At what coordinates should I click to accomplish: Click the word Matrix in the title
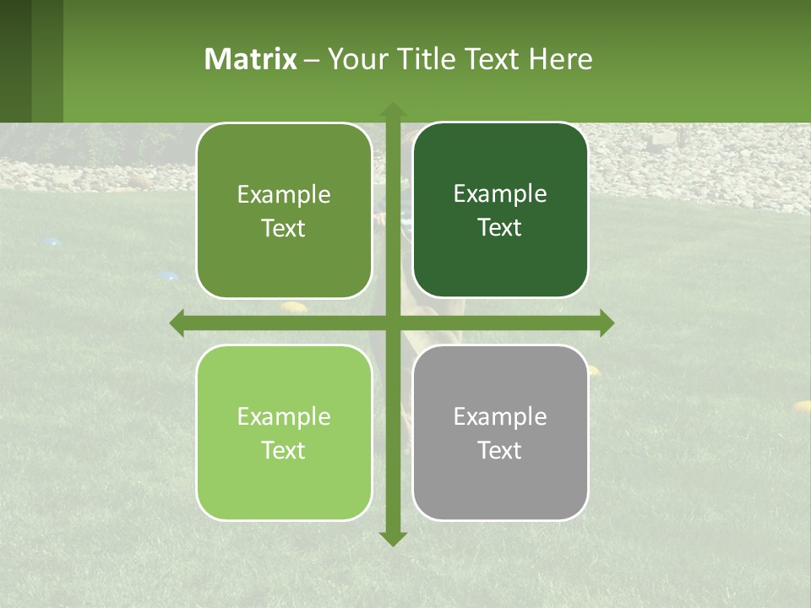coord(251,59)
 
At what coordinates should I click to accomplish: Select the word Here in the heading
coord(560,59)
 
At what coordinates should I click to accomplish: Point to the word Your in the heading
coord(354,59)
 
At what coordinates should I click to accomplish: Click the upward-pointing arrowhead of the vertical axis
coord(393,110)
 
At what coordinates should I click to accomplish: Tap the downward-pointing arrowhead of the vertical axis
coord(393,539)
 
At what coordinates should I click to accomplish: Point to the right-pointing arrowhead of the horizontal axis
coord(607,323)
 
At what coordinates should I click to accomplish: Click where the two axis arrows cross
coord(393,323)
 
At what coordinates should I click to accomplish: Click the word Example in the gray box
coord(500,416)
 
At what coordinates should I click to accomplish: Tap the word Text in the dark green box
coord(500,228)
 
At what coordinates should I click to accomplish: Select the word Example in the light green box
coord(284,416)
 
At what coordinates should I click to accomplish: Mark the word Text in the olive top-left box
coord(284,229)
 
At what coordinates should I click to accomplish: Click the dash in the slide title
coord(312,60)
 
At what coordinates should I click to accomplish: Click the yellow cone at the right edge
coord(801,406)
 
